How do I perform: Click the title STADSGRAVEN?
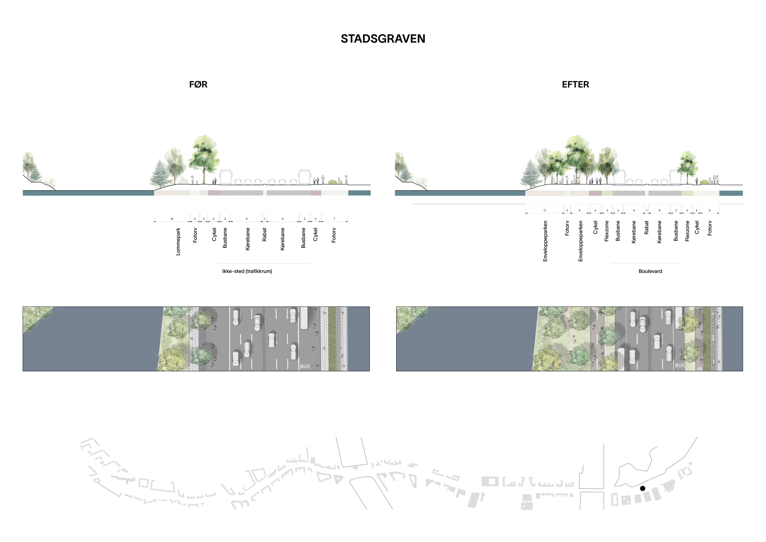click(383, 39)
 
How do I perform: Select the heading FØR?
click(198, 85)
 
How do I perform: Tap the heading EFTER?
click(576, 85)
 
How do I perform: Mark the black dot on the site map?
click(643, 488)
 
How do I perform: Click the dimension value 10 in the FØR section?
click(172, 219)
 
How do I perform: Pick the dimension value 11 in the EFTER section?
click(545, 211)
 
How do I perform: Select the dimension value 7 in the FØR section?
click(334, 219)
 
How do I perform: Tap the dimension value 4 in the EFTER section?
click(595, 211)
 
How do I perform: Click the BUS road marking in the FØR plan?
click(305, 366)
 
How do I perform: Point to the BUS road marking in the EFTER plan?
click(680, 365)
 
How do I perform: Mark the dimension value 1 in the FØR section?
click(265, 219)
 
